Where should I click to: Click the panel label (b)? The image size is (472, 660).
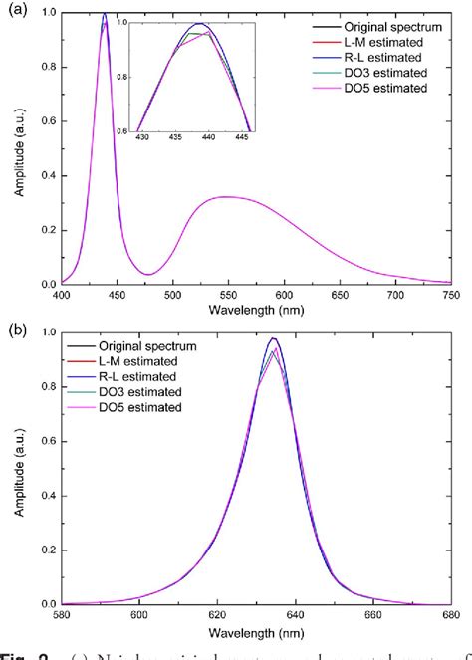(x=16, y=329)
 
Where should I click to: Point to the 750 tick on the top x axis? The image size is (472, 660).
(x=453, y=295)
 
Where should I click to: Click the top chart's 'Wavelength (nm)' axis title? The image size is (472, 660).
(x=257, y=310)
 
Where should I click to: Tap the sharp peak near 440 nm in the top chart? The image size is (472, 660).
(x=105, y=14)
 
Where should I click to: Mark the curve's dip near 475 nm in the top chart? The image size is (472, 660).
(x=147, y=274)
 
